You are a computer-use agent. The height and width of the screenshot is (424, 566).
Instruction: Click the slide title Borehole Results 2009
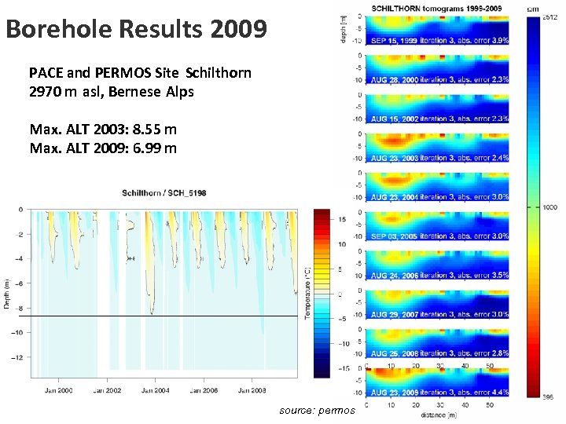pos(135,30)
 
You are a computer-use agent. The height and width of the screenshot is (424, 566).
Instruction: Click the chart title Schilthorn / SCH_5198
pos(164,193)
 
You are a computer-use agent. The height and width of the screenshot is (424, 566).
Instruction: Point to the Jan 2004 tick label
pos(154,390)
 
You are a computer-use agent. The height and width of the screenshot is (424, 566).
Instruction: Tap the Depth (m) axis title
pos(7,291)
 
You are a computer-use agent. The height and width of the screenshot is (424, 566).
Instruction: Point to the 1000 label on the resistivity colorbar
pos(549,207)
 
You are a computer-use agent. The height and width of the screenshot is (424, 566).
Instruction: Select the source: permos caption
pos(317,411)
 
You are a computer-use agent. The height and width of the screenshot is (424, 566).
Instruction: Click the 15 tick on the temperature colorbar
pos(343,220)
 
